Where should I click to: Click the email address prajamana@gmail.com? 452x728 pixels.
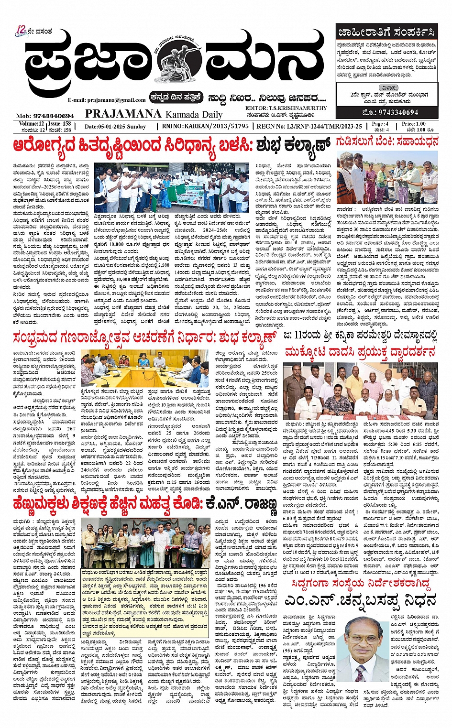click(x=107, y=100)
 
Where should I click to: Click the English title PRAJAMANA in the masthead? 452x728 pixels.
click(x=123, y=113)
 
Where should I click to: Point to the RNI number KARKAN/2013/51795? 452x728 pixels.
click(x=206, y=126)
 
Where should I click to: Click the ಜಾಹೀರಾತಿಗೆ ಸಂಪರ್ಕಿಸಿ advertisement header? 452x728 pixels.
click(x=386, y=33)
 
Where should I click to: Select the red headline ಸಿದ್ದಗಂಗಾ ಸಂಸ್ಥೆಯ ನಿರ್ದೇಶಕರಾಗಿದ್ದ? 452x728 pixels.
click(x=361, y=584)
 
